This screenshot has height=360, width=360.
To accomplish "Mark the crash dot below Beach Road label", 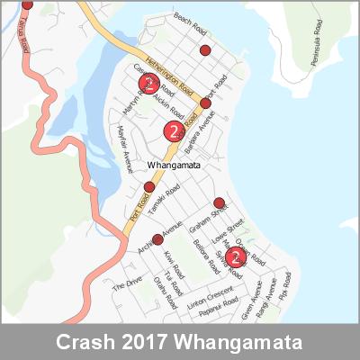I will pos(205,50).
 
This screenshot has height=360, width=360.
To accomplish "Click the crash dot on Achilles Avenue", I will pos(157,239).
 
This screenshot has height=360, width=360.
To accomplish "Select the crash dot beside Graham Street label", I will pos(219,202).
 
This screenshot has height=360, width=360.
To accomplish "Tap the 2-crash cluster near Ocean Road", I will pos(235,258).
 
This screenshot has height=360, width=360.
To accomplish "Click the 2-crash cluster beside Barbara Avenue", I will pos(173,131).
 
